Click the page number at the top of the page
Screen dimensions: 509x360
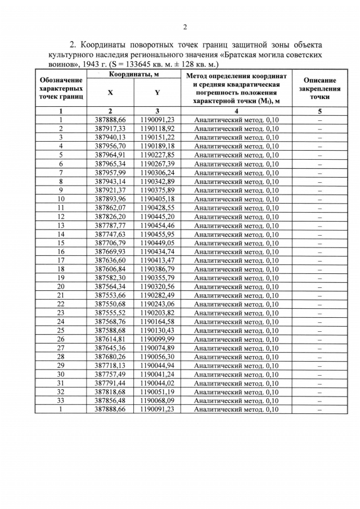point(184,27)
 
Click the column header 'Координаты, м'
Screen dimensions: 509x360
point(134,74)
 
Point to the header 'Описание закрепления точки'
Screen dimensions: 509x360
point(319,88)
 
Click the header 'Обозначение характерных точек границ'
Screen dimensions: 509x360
point(61,88)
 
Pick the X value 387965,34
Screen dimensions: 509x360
point(110,164)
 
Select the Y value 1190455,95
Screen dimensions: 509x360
point(157,234)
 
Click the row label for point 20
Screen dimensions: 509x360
point(61,286)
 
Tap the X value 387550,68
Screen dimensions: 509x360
point(110,304)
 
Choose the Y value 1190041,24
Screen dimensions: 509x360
point(157,374)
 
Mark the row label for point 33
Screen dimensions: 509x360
point(61,400)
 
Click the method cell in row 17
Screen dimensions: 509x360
point(236,260)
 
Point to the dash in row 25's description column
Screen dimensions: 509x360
point(319,330)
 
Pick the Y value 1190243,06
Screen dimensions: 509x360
point(157,304)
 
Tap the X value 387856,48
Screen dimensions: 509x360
point(110,400)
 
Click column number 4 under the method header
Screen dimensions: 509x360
point(236,111)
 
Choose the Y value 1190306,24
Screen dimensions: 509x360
point(157,172)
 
